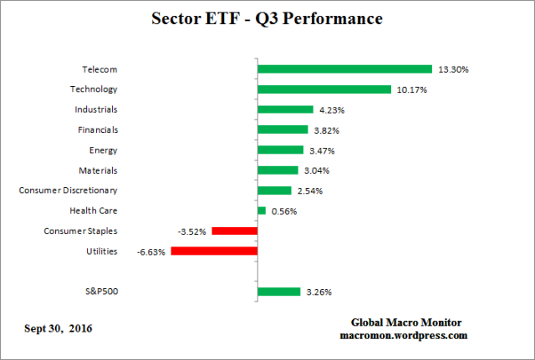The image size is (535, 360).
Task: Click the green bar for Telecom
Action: click(x=344, y=69)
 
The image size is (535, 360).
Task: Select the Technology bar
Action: click(x=324, y=89)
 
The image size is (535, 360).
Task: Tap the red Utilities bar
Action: click(x=214, y=251)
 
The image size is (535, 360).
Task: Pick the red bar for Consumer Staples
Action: click(x=234, y=231)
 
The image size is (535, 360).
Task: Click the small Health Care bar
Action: click(x=262, y=210)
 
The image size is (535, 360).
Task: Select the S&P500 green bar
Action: click(x=278, y=292)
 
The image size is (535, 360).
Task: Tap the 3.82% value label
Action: click(x=327, y=129)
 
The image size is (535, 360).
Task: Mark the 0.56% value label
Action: click(x=283, y=210)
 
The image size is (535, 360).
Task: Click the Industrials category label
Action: click(x=95, y=109)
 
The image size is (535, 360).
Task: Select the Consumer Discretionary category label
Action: click(x=74, y=190)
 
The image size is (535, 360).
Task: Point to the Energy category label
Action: click(x=103, y=150)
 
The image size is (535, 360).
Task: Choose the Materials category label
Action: click(x=98, y=170)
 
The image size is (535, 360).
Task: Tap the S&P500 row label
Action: click(x=100, y=292)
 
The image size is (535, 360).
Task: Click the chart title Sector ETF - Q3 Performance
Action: click(x=267, y=18)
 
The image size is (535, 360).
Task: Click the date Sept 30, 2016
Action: click(x=58, y=327)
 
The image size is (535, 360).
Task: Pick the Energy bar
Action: click(x=280, y=150)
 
